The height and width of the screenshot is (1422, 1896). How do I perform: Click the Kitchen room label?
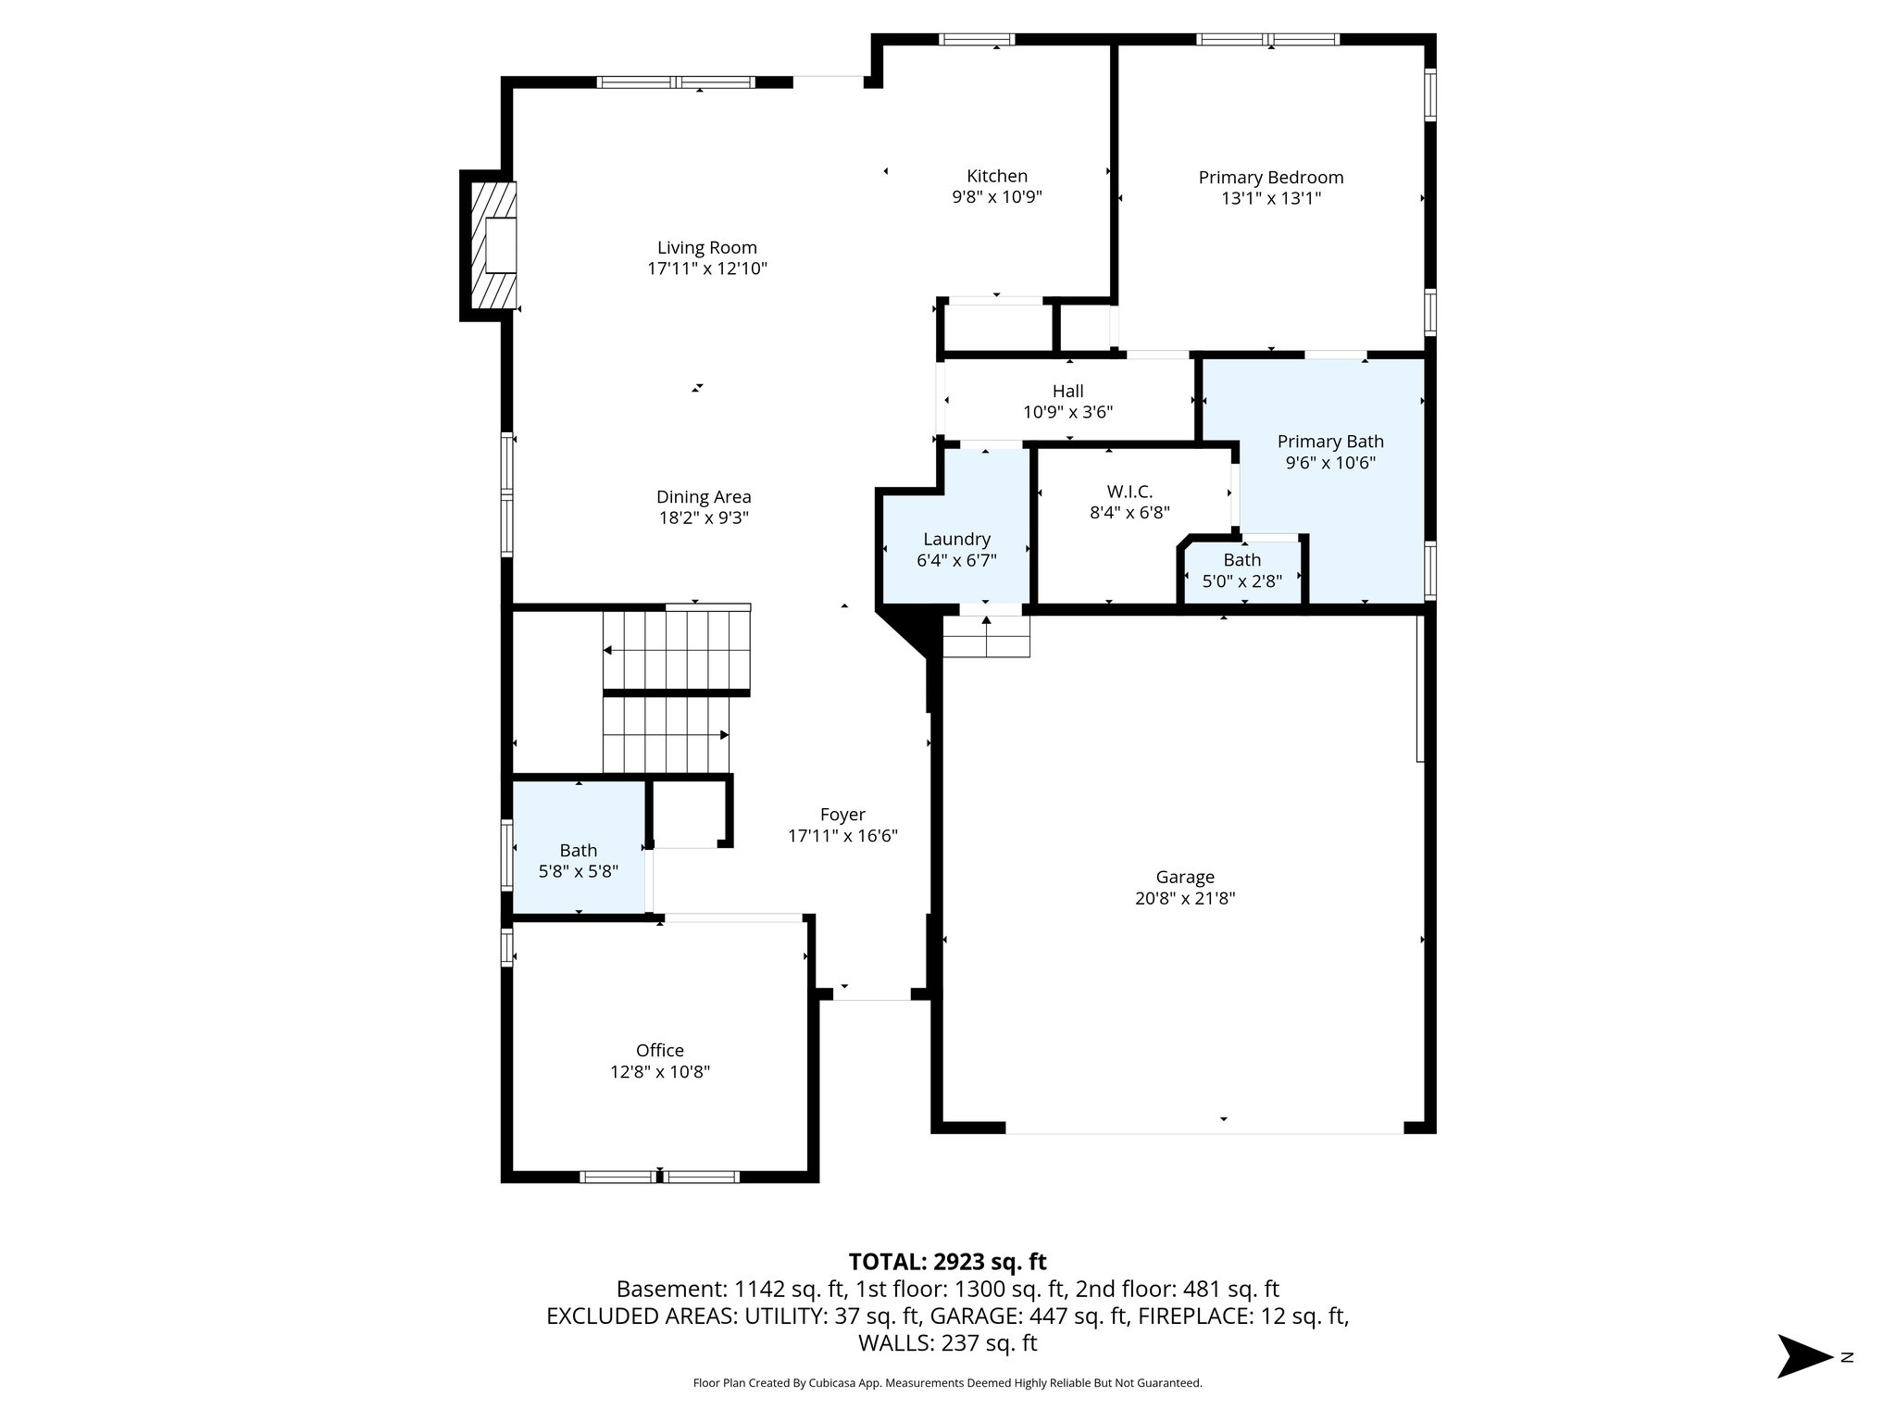(x=996, y=176)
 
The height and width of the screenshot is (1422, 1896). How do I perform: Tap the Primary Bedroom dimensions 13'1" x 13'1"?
(x=1270, y=198)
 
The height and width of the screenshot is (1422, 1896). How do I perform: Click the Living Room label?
(x=706, y=247)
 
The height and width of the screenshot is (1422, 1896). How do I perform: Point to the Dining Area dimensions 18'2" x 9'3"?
(x=704, y=518)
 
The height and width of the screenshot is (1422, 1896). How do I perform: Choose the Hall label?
(x=1067, y=391)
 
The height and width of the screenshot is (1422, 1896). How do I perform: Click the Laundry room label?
(x=956, y=539)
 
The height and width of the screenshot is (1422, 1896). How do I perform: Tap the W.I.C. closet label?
(x=1129, y=492)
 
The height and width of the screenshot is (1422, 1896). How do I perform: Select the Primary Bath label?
(x=1329, y=442)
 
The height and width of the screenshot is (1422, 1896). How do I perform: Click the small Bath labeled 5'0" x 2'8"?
(x=1241, y=560)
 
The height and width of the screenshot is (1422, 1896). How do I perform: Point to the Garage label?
(x=1184, y=877)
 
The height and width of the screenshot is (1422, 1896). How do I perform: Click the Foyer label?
(x=842, y=815)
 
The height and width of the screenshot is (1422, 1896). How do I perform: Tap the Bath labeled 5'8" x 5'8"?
(x=579, y=850)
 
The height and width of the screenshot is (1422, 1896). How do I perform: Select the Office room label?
(x=659, y=1050)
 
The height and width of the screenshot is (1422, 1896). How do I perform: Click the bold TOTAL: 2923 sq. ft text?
(x=947, y=1262)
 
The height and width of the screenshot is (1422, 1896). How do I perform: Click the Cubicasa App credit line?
(x=947, y=1383)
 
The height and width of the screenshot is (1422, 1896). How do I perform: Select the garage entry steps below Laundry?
(x=986, y=636)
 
